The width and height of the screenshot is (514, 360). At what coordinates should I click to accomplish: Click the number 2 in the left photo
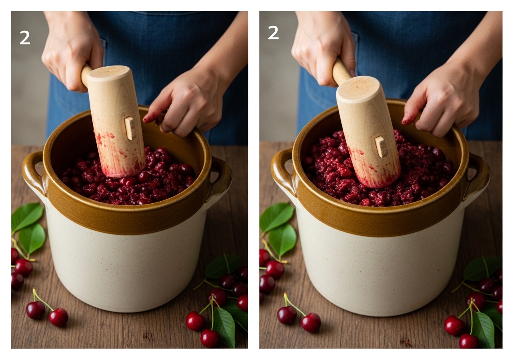25,38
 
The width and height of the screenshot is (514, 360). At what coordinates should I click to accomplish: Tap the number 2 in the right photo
273,33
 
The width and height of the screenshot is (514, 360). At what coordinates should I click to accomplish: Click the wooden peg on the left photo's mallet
131,128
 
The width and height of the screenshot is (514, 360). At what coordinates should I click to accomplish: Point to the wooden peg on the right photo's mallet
381,147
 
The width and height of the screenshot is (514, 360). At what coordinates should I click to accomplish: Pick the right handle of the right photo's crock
477,177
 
